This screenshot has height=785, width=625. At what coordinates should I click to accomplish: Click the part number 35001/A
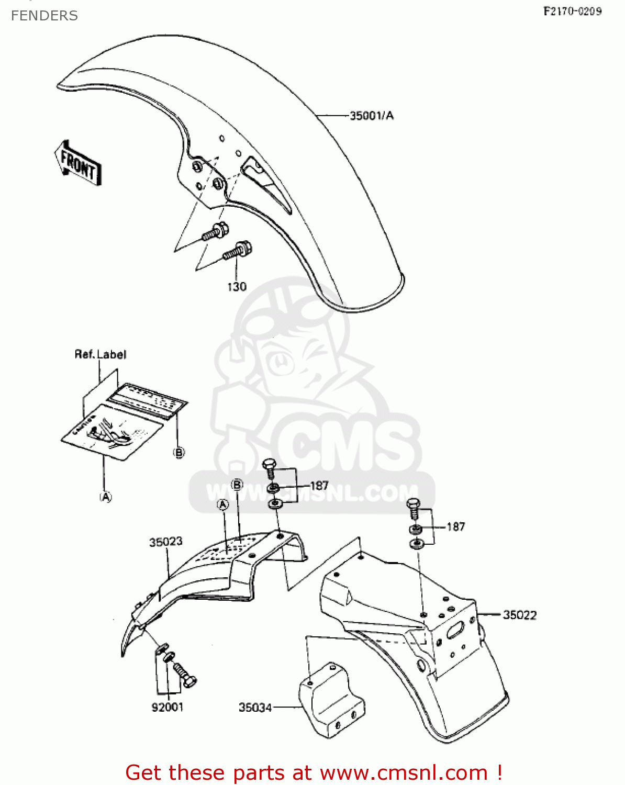[x=371, y=116]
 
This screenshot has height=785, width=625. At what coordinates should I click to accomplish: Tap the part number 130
[x=237, y=287]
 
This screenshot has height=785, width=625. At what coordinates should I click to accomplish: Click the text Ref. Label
[x=101, y=354]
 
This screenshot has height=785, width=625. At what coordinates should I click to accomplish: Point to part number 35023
[x=165, y=542]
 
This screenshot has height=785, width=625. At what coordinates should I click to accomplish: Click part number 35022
[x=519, y=615]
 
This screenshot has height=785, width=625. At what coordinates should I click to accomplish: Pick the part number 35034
[x=255, y=708]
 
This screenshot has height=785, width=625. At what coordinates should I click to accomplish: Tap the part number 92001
[x=168, y=707]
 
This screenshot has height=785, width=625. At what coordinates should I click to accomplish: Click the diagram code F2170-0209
[x=572, y=11]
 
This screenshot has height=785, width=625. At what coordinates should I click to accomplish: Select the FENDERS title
[x=44, y=16]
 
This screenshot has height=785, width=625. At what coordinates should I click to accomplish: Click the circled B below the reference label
[x=179, y=453]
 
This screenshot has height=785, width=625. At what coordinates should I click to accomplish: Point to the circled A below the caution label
[x=106, y=497]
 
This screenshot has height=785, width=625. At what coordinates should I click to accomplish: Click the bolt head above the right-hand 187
[x=414, y=504]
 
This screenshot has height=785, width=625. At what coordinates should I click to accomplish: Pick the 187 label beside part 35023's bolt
[x=319, y=486]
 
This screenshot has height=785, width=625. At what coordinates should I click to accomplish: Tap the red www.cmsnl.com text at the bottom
[x=404, y=772]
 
